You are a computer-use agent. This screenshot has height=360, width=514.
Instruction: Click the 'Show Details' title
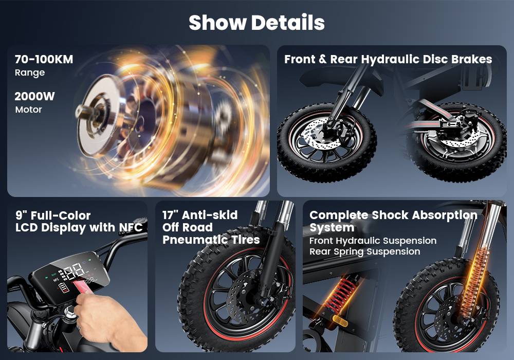click(256, 23)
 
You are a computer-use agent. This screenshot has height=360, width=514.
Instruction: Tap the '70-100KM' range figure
click(44, 59)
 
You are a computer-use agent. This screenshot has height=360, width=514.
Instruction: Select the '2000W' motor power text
click(34, 96)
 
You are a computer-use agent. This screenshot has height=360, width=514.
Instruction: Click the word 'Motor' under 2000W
click(28, 110)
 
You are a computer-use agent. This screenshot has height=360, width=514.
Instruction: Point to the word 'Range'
click(30, 73)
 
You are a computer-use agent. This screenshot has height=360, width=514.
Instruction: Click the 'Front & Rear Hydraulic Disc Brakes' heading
click(388, 59)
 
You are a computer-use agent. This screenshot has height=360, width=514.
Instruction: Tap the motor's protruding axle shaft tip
click(79, 112)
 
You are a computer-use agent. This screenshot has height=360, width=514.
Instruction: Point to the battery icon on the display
click(64, 289)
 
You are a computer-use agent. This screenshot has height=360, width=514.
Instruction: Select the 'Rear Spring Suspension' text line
click(365, 252)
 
